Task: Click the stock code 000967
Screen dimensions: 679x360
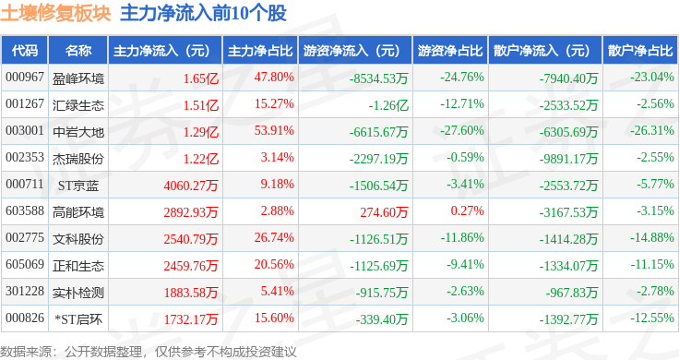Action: coord(25,78)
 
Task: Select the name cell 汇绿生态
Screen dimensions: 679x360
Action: coord(78,105)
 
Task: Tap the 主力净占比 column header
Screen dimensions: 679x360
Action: coord(260,51)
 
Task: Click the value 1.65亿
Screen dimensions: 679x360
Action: coord(200,78)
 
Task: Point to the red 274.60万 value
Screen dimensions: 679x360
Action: coord(384,212)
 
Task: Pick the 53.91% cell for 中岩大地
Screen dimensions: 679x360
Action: coord(274,130)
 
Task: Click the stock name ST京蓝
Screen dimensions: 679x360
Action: coord(78,186)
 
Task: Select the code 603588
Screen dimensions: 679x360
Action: coord(25,211)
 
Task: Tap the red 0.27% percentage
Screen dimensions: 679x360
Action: coord(467,211)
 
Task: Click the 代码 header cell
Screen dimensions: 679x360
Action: coord(25,51)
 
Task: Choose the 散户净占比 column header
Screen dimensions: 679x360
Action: coord(640,51)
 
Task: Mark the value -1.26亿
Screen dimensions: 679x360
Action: coord(388,105)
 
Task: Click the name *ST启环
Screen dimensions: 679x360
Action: coord(78,319)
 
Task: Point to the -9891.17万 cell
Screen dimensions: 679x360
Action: coord(568,159)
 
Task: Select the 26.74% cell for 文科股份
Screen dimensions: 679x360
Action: coord(274,237)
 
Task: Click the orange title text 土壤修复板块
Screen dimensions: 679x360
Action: coord(56,13)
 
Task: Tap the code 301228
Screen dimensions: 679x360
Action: coord(25,291)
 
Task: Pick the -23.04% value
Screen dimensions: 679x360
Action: coord(652,78)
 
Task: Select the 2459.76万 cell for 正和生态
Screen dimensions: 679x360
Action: coord(191,266)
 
